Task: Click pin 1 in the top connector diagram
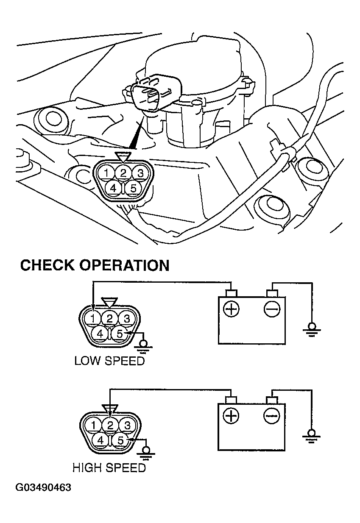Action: tap(106, 173)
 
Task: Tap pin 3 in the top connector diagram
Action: tap(140, 173)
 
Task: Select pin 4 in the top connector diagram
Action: tap(114, 188)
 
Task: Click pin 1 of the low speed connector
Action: tap(93, 318)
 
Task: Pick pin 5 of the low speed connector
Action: tap(120, 334)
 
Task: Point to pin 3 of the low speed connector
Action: tap(127, 318)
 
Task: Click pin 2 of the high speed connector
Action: tap(110, 425)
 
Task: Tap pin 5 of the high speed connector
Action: tap(120, 440)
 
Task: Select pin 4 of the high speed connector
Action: tap(100, 440)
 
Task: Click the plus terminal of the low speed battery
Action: tap(231, 309)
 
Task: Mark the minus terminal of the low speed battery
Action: tap(272, 309)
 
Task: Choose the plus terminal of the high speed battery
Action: tap(231, 416)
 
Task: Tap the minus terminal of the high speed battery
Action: tap(272, 416)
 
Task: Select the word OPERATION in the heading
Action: tap(125, 265)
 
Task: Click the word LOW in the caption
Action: tap(86, 361)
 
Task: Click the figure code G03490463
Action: tap(43, 487)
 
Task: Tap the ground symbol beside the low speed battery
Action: tap(312, 329)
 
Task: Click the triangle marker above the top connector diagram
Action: tap(123, 157)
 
